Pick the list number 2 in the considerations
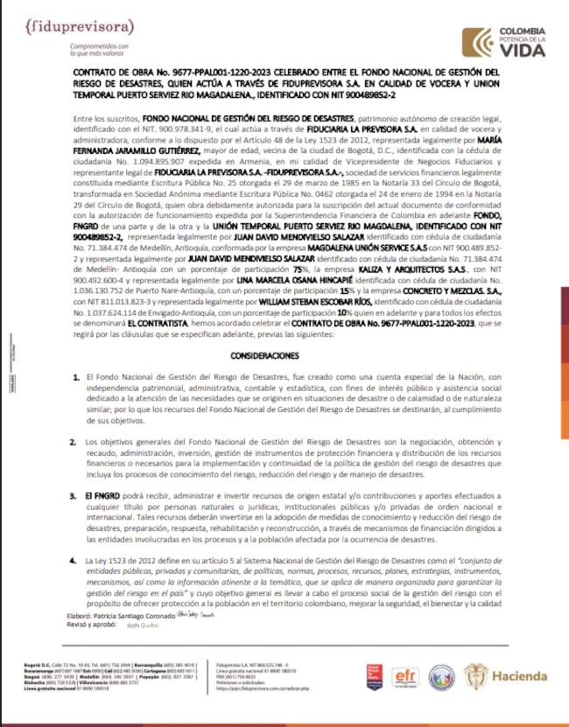click(76, 444)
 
